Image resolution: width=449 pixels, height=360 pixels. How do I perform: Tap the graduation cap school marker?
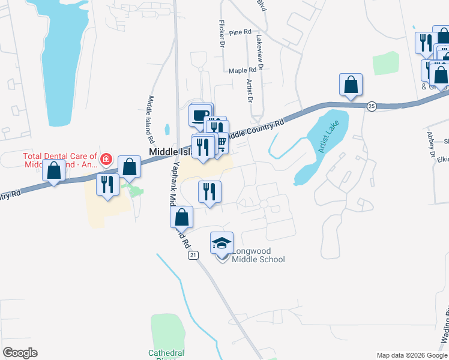(221, 244)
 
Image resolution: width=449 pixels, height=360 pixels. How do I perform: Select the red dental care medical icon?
(106, 159)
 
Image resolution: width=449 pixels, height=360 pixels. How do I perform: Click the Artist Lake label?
(329, 137)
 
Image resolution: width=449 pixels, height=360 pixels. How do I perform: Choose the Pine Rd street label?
(240, 32)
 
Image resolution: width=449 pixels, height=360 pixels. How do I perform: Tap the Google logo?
(20, 353)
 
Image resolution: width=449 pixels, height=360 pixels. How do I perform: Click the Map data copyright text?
(412, 355)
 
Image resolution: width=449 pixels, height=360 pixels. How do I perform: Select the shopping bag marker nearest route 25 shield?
(351, 86)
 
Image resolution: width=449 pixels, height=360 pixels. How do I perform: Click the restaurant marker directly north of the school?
(209, 193)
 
